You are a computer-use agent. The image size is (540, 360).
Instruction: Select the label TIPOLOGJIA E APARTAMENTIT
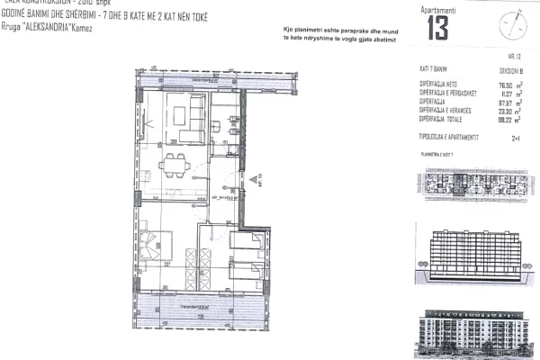tap(454, 136)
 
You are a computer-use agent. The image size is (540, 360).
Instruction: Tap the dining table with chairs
tap(174, 165)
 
